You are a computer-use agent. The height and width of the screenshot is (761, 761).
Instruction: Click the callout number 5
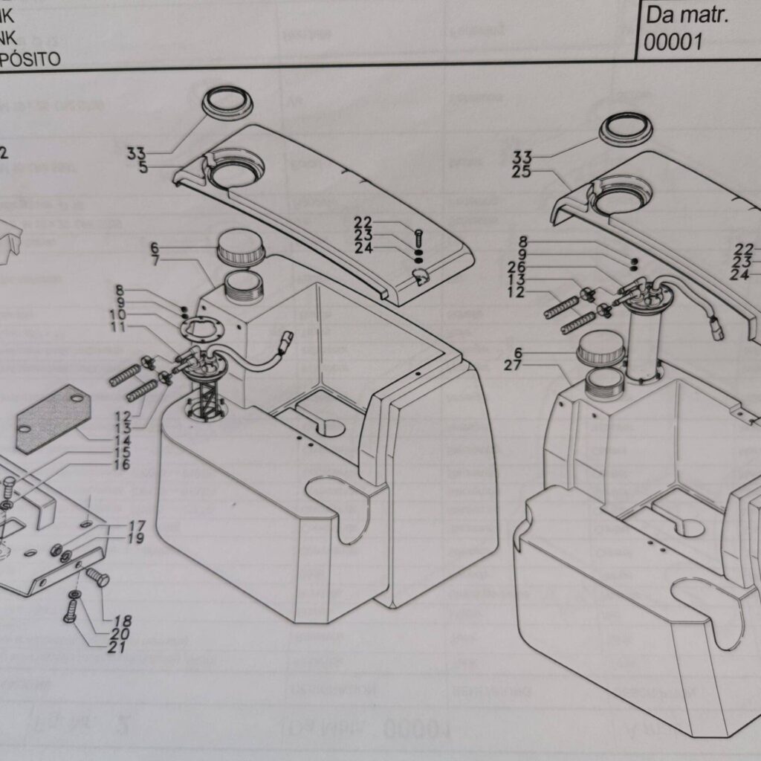[143, 167]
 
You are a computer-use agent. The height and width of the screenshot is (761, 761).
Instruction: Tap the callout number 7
[155, 261]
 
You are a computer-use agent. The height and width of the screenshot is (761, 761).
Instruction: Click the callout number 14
[122, 440]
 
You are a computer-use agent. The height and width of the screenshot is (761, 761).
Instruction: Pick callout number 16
[122, 465]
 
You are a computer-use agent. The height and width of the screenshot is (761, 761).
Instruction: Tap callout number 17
[136, 525]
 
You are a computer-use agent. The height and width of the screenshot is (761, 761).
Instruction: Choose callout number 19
[136, 538]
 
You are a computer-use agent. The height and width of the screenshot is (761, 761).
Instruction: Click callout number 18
[122, 621]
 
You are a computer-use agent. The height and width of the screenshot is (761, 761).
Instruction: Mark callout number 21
[116, 647]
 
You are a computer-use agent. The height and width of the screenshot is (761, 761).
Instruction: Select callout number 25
[522, 172]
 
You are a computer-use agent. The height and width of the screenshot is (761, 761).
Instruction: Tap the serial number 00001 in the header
[673, 42]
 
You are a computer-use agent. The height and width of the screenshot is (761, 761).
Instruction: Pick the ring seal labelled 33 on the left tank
[227, 103]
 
